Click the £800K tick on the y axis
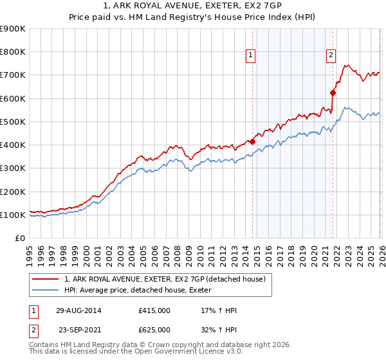[x=13, y=52]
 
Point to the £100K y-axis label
[x=13, y=215]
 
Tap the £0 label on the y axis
[x=21, y=238]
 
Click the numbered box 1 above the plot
[x=250, y=56]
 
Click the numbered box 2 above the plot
[x=331, y=56]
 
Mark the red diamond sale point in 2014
[x=252, y=141]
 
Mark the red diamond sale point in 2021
[x=333, y=93]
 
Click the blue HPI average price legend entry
[x=142, y=291]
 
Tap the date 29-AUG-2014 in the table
[x=78, y=310]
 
